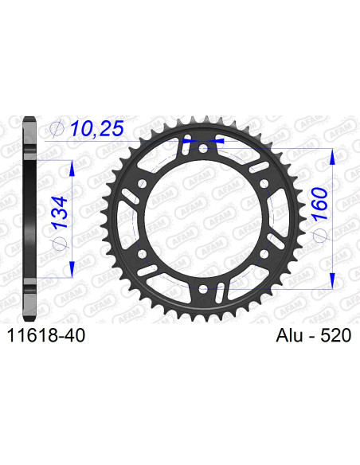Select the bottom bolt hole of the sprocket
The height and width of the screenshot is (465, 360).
pos(202,287)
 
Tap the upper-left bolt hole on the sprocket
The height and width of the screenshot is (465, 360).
pos(142,182)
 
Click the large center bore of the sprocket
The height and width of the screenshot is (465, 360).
pos(202,217)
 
